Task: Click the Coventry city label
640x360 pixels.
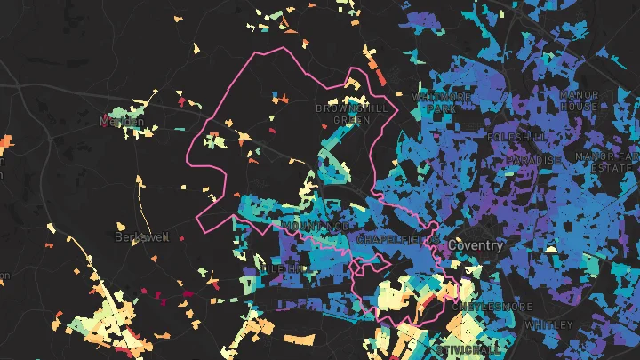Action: coord(476,244)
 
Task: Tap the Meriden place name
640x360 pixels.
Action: coord(122,120)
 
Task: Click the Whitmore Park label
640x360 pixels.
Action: coord(435,102)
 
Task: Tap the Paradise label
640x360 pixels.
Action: coord(534,160)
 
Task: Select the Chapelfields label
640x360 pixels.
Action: coord(391,240)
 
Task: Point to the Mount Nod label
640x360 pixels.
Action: coord(306,227)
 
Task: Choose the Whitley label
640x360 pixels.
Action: coord(549,325)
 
